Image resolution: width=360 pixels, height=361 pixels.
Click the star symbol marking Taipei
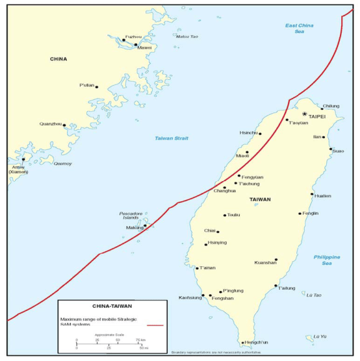(x=304, y=114)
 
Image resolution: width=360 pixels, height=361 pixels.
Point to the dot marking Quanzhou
(x=64, y=125)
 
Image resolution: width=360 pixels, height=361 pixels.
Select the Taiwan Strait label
(x=171, y=138)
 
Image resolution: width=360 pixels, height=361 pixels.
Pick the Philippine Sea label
(x=327, y=260)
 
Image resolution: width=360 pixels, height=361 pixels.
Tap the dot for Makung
(x=145, y=227)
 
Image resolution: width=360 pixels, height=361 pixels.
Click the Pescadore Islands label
(x=135, y=216)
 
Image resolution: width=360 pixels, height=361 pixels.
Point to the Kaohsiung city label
(x=190, y=298)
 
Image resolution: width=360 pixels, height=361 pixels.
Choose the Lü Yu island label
(x=319, y=336)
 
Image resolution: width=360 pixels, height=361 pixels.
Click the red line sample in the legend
(x=155, y=325)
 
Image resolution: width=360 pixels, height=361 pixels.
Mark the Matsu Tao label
(x=186, y=36)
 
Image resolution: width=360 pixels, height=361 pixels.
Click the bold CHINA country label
(x=58, y=59)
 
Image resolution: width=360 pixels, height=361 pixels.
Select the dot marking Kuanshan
(x=276, y=260)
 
